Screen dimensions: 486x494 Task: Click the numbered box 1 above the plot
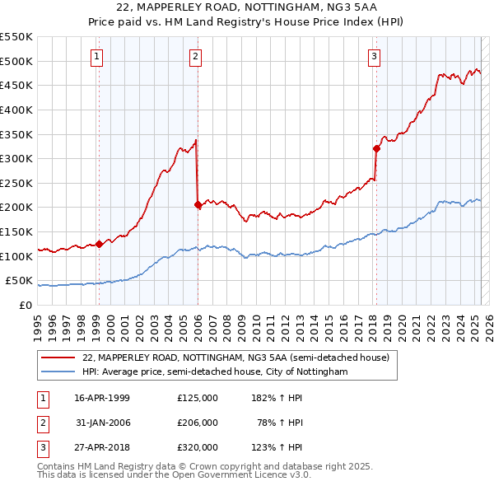pos(97,57)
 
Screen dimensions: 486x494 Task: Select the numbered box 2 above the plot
pos(195,57)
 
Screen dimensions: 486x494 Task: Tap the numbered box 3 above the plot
pos(374,57)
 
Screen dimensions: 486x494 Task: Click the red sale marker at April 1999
pos(99,244)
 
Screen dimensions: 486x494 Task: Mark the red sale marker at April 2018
pos(376,149)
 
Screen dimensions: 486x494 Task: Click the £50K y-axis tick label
pos(20,280)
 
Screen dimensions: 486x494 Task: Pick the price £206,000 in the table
pos(198,423)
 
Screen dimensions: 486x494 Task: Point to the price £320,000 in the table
pos(198,447)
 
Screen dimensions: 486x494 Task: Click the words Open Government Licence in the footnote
pos(239,475)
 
